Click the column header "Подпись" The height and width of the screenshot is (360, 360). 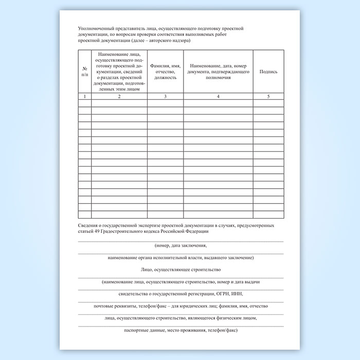(x=268, y=71)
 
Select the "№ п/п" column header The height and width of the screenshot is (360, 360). (x=85, y=71)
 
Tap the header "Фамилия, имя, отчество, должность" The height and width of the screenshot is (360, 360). (x=165, y=71)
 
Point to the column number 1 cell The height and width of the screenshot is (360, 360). (x=85, y=96)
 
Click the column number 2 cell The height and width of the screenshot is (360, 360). (x=119, y=96)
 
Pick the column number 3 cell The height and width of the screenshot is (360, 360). (x=165, y=96)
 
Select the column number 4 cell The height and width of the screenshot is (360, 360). (x=218, y=96)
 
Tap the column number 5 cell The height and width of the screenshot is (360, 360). (x=268, y=96)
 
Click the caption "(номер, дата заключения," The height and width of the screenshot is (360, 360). (x=180, y=246)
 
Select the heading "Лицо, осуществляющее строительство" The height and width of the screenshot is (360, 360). (x=180, y=269)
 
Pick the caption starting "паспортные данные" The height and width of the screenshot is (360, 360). (x=180, y=330)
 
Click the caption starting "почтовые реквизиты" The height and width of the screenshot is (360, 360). (x=180, y=306)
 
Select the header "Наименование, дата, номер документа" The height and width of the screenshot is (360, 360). (x=218, y=71)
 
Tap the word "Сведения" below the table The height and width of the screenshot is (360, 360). (x=88, y=225)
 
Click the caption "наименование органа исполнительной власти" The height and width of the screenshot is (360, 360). (x=180, y=257)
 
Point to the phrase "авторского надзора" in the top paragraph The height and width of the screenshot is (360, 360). (x=171, y=41)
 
